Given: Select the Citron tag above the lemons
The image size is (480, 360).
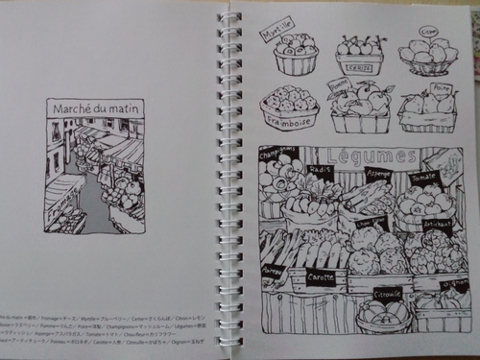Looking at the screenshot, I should click(x=429, y=31).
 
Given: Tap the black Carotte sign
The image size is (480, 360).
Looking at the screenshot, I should click(x=322, y=278).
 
